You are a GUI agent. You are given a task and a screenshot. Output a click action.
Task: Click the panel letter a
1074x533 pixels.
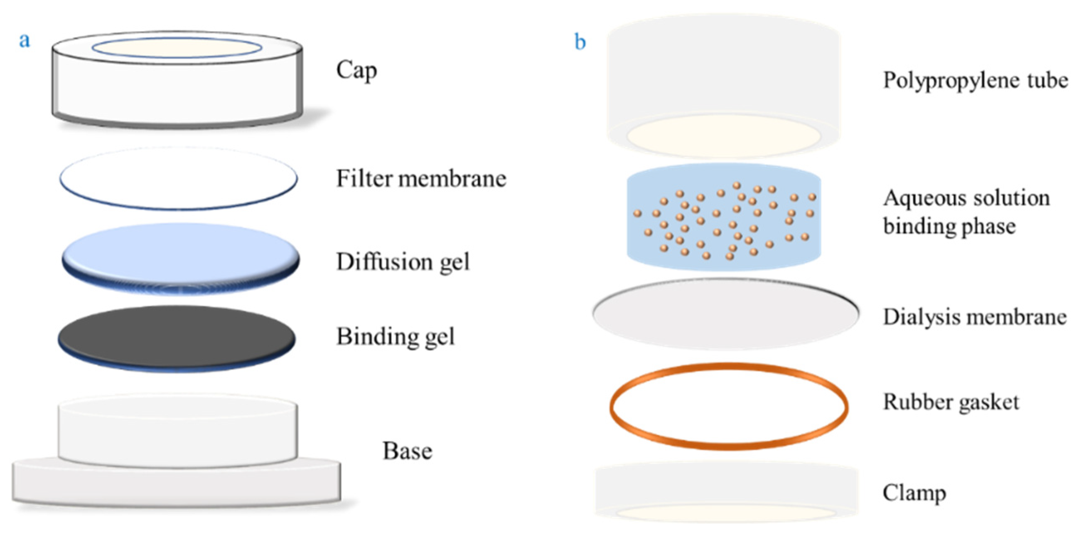click(25, 41)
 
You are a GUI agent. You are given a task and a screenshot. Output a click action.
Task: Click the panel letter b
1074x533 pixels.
click(580, 42)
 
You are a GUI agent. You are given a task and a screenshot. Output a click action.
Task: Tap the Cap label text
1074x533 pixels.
click(356, 71)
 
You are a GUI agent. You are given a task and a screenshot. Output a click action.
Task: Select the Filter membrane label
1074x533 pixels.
click(421, 179)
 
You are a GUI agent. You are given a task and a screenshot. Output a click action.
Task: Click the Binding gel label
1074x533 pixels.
click(395, 337)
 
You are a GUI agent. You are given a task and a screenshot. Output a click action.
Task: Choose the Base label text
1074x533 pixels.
click(407, 451)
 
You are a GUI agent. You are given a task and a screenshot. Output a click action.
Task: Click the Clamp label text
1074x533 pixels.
click(914, 494)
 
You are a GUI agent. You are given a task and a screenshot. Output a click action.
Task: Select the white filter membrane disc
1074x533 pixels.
click(178, 178)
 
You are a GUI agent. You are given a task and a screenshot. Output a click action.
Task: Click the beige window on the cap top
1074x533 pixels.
click(177, 48)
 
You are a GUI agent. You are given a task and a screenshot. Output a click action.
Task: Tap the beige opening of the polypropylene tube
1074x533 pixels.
click(724, 136)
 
